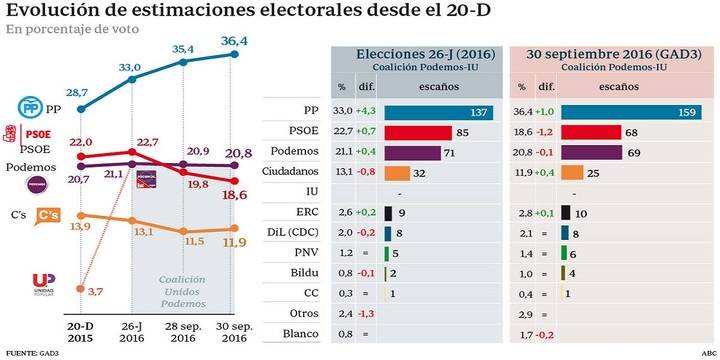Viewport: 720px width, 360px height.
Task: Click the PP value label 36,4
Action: [x=231, y=41]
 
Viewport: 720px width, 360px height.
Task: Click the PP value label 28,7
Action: [x=79, y=92]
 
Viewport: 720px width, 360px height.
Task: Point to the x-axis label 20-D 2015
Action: [x=80, y=333]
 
